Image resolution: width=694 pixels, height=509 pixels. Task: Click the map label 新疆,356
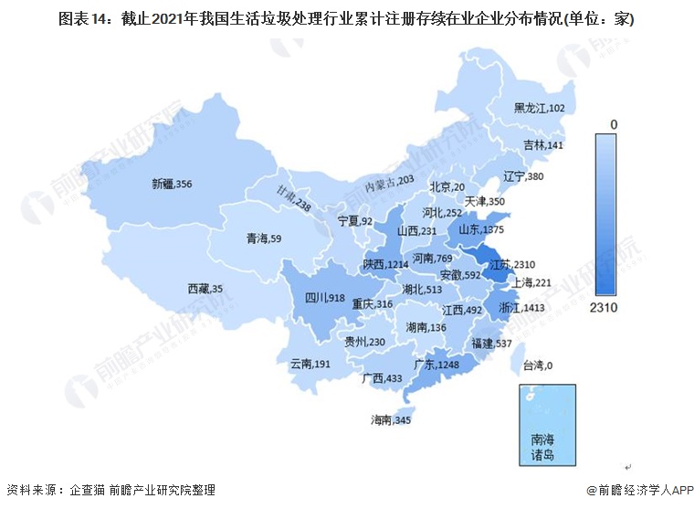point(172,184)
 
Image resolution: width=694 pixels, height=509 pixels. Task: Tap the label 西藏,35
point(205,289)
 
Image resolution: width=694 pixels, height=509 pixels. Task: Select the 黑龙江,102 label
point(539,108)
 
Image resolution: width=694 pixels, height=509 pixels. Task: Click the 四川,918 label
point(323,298)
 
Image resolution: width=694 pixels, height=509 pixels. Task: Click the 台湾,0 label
point(538,366)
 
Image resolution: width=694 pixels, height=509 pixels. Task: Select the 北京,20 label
point(447,187)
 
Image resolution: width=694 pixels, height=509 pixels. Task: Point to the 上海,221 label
point(531,283)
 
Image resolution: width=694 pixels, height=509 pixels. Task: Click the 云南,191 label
point(310,364)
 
